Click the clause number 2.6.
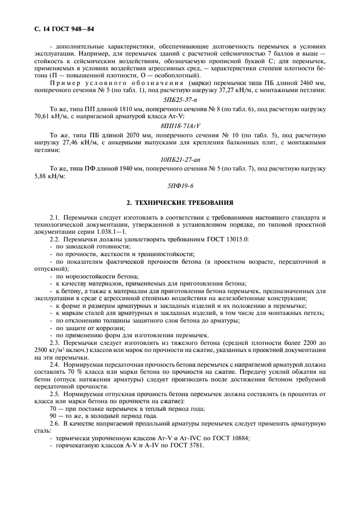point(54,422)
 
